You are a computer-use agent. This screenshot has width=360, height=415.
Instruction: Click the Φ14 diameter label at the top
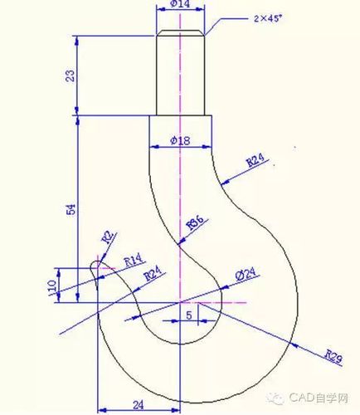point(180,4)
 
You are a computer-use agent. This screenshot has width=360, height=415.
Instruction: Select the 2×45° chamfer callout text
point(267,18)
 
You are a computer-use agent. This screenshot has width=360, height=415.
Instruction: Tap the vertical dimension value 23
point(71,76)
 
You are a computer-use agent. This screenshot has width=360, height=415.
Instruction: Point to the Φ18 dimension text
point(180,141)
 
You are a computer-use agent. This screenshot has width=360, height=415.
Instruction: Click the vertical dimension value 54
point(71,210)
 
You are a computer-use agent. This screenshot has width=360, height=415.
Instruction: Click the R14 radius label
point(134,260)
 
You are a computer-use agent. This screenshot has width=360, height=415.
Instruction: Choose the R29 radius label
point(333,356)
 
